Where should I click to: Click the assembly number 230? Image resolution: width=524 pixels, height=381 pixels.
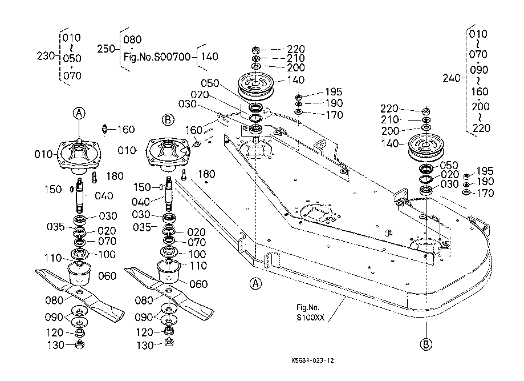[44, 57]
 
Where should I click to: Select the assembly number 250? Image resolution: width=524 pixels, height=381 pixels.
[105, 49]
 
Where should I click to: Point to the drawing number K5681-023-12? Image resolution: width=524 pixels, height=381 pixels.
[311, 360]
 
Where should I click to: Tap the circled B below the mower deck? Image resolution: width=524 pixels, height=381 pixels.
[425, 344]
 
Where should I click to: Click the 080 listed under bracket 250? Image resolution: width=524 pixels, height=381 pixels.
[132, 40]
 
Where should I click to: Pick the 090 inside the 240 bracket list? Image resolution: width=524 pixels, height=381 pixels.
[478, 70]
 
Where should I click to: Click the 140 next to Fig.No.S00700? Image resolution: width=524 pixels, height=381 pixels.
[210, 57]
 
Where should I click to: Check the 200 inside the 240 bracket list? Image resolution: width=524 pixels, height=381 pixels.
[481, 107]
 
